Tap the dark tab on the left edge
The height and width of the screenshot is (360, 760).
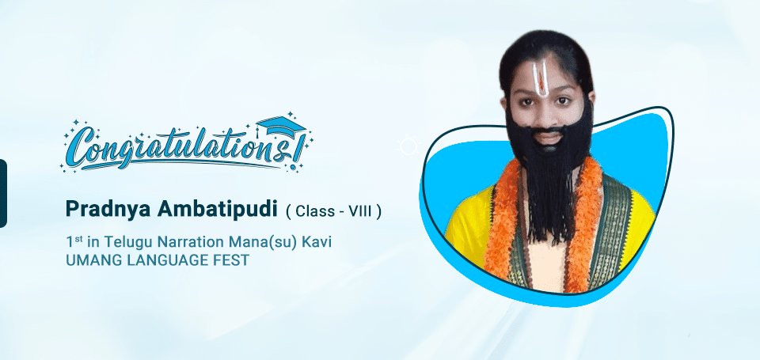3,193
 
